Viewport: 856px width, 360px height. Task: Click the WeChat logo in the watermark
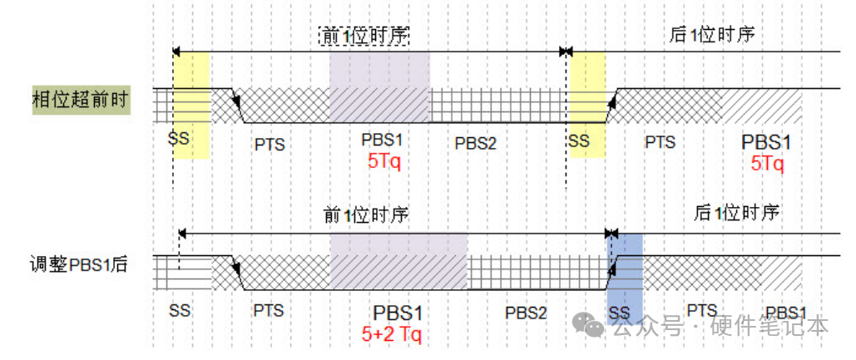pyautogui.click(x=593, y=326)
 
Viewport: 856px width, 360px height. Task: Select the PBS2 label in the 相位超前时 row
pyautogui.click(x=475, y=143)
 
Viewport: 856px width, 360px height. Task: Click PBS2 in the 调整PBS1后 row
pyautogui.click(x=526, y=312)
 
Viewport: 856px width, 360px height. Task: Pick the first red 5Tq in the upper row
pyautogui.click(x=384, y=160)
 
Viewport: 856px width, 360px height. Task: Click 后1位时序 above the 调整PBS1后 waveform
pyautogui.click(x=736, y=212)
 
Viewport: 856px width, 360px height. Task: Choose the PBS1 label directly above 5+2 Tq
pyautogui.click(x=398, y=313)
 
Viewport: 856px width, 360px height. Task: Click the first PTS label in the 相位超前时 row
pyautogui.click(x=269, y=144)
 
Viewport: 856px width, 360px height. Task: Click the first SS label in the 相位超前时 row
pyautogui.click(x=178, y=138)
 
